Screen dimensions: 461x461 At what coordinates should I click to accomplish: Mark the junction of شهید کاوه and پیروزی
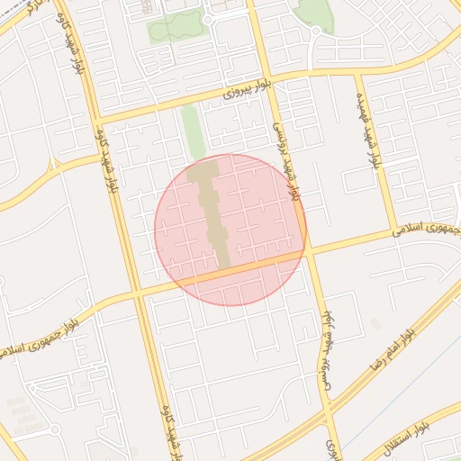coord(97,118)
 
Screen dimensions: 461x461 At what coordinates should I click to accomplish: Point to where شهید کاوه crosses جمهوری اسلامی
coord(137,294)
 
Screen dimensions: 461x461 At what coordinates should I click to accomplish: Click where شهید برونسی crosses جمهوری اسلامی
coord(308,253)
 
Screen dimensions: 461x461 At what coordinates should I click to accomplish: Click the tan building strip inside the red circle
coord(212,212)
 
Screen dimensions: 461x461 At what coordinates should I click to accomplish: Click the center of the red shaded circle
coord(230,230)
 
